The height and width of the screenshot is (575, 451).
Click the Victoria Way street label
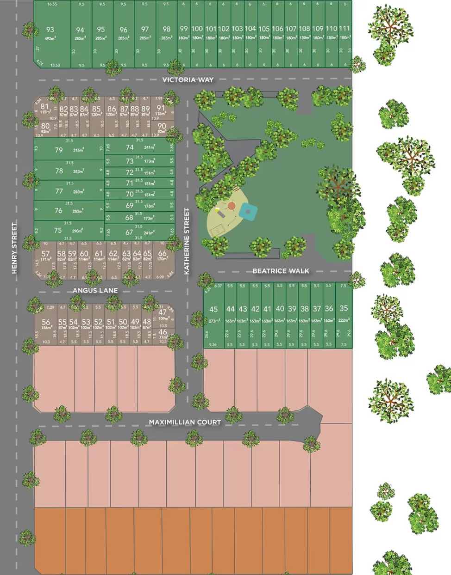(188, 80)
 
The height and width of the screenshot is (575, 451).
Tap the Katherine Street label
(187, 242)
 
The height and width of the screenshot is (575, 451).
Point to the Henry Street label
(14, 248)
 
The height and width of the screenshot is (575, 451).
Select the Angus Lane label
(95, 290)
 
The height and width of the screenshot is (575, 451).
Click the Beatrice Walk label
(281, 271)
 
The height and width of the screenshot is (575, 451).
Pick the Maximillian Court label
(185, 422)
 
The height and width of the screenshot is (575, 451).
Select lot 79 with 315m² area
(59, 150)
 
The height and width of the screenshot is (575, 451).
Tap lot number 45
(213, 309)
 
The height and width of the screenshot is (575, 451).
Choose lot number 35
(343, 308)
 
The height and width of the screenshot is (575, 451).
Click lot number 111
(345, 29)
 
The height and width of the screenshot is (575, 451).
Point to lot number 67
(130, 232)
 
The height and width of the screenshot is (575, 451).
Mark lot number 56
(46, 323)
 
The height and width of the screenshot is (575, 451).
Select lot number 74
(130, 147)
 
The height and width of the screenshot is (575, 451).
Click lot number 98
(167, 29)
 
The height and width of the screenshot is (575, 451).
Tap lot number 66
(162, 253)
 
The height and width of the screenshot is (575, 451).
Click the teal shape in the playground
(248, 212)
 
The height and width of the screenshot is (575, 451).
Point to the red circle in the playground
(232, 204)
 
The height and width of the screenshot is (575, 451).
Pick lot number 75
(58, 230)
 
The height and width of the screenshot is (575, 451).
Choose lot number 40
(280, 309)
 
